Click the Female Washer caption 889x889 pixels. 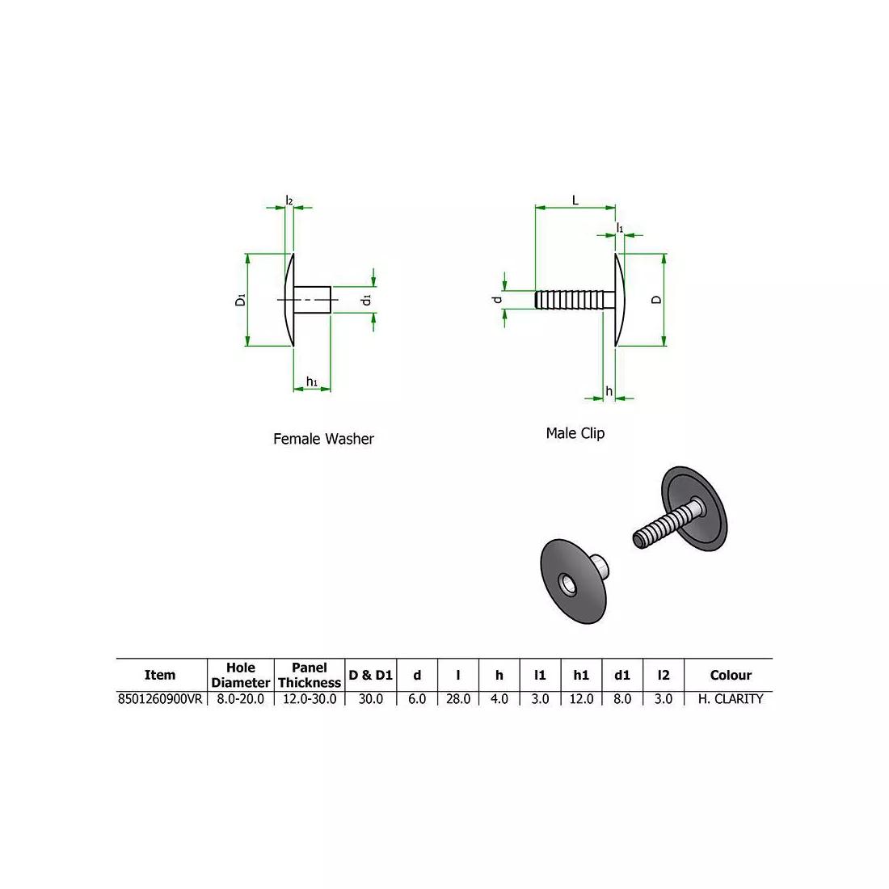tap(323, 439)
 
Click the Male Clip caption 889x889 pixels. tap(575, 433)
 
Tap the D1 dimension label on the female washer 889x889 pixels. tap(240, 300)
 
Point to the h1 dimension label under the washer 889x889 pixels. tap(311, 381)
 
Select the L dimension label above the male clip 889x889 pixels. tap(575, 200)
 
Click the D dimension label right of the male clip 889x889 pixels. tap(656, 299)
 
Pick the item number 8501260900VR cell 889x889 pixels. tap(160, 699)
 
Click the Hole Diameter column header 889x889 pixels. tap(240, 675)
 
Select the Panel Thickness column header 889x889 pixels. tap(310, 675)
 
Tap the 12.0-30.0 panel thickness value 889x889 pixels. tap(310, 699)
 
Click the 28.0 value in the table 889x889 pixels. tap(457, 699)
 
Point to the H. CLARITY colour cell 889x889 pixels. tap(730, 699)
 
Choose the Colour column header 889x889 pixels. tap(730, 675)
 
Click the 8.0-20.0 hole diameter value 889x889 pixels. tap(240, 699)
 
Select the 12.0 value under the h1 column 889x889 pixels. tap(581, 699)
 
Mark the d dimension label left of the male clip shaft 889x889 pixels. tap(499, 300)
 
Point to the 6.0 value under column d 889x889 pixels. tap(416, 699)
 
